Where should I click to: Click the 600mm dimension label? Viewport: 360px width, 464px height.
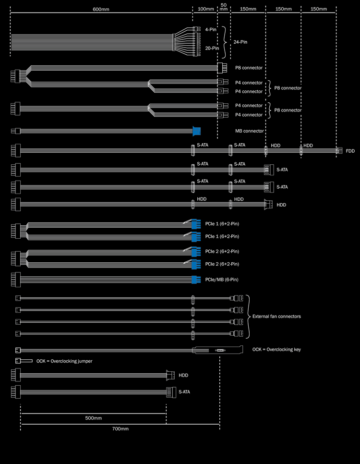coord(100,9)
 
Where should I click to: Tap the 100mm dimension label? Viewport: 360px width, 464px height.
coord(205,9)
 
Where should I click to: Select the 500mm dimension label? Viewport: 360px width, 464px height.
coord(94,418)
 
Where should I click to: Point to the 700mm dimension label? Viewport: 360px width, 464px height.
coord(120,428)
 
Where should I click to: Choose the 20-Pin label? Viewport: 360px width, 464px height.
coord(212,48)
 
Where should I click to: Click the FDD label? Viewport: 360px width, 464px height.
coord(350,151)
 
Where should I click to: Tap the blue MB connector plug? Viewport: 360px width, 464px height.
coord(196,131)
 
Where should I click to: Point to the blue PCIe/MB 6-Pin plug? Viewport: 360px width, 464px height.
coord(195,280)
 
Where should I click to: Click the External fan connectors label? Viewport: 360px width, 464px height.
coord(276,316)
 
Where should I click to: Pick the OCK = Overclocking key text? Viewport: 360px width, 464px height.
coord(276,349)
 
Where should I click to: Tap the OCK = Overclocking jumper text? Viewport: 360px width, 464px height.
coord(64,361)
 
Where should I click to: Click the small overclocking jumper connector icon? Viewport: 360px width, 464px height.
coord(24,361)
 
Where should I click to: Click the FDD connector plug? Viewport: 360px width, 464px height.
coord(339,150)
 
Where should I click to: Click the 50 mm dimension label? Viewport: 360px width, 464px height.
coord(224,7)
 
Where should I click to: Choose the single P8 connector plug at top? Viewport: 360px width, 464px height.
coord(221,68)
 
